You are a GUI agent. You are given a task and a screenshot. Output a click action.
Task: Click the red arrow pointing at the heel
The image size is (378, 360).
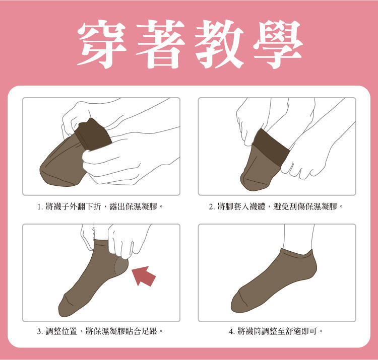(x=145, y=276)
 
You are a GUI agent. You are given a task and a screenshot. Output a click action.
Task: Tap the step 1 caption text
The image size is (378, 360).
(x=100, y=206)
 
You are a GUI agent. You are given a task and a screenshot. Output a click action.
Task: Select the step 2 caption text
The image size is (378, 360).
(x=276, y=206)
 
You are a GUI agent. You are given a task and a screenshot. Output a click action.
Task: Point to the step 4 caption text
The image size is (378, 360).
(x=276, y=331)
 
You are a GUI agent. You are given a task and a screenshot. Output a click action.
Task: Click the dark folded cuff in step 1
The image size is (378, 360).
(x=94, y=135)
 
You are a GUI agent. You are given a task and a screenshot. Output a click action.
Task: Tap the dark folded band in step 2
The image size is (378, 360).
(x=271, y=148)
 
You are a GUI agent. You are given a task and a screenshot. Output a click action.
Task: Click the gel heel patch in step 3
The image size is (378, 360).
(x=121, y=267)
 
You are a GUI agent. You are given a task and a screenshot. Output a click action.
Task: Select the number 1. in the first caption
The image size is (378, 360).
(x=40, y=207)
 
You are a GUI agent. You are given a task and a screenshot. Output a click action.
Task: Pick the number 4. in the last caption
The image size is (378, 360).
(x=231, y=332)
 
